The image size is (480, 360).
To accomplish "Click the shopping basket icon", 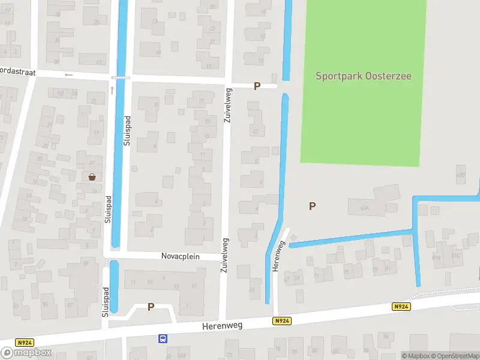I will [x=92, y=176].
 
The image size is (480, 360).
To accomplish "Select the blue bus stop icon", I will [x=163, y=338].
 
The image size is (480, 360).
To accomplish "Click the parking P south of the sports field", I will [x=312, y=206].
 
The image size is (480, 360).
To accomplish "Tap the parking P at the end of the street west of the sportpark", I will [x=257, y=86].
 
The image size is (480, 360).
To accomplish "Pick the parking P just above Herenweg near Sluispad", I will [x=151, y=307].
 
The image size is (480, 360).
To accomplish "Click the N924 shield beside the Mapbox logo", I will [x=25, y=343].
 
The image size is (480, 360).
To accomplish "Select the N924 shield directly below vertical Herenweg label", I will [x=281, y=321].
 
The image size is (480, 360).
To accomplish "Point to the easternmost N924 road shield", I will [x=401, y=307].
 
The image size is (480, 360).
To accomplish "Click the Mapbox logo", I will [x=26, y=352].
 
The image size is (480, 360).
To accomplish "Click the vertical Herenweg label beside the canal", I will [x=278, y=256].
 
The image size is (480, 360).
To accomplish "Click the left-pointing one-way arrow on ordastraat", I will [x=68, y=75].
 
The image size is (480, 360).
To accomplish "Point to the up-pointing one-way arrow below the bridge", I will [x=112, y=91].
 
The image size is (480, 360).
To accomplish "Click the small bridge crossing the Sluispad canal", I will [x=121, y=77].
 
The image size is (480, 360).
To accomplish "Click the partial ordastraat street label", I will [x=18, y=71].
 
